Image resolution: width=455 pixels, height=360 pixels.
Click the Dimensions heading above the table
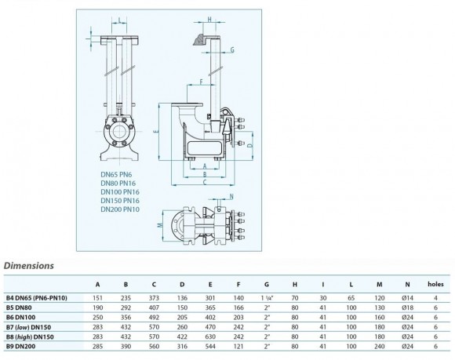pos(30,265)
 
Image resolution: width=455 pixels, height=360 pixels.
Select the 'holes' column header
pos(435,284)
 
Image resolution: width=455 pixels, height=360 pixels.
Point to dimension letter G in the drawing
pos(233,50)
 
